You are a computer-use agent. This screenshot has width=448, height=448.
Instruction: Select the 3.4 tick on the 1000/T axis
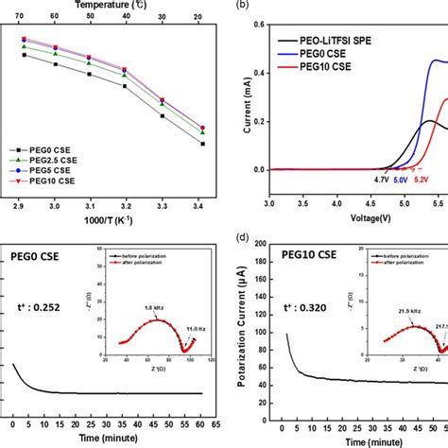pos(201,204)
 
